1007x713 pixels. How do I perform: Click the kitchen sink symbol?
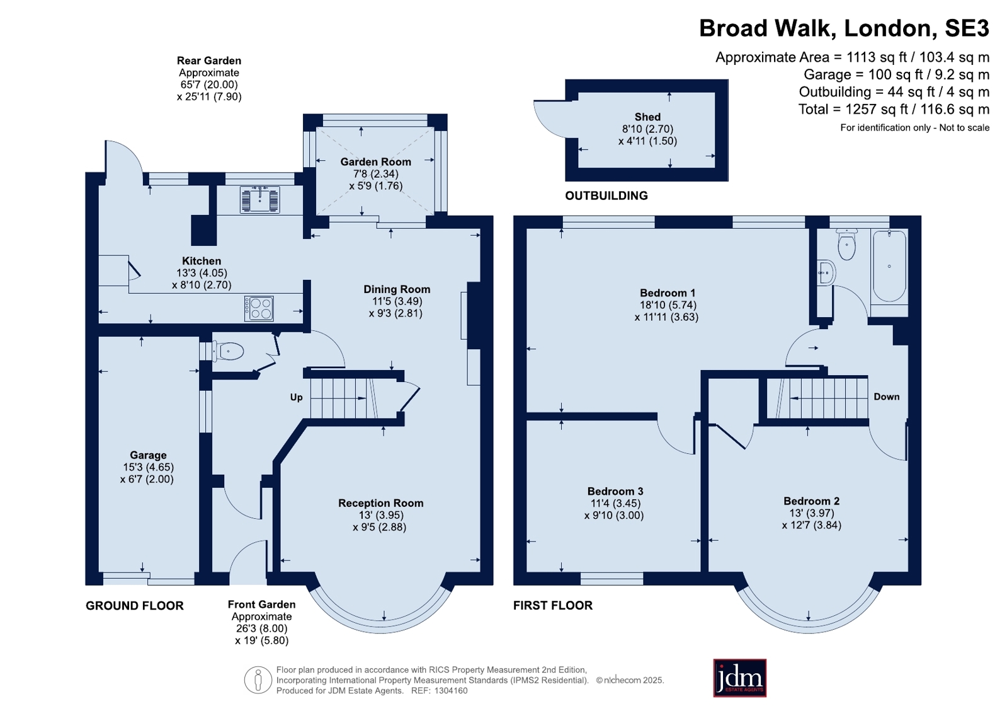[x=260, y=199]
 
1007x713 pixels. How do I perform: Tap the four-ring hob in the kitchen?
[x=259, y=308]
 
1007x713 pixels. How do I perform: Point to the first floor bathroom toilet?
[x=846, y=244]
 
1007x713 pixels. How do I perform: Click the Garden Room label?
[x=375, y=162]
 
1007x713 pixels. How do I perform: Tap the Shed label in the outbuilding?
[x=647, y=117]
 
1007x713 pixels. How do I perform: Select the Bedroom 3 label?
[x=615, y=491]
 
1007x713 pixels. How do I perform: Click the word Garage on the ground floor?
[x=148, y=455]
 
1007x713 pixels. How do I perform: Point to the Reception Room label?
[x=381, y=503]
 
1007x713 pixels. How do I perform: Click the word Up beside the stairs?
[x=296, y=397]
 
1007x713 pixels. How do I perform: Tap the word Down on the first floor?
[x=887, y=397]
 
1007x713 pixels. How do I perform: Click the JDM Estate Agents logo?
[x=739, y=678]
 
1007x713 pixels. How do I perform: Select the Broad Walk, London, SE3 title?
[x=844, y=28]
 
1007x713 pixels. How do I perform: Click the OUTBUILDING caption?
[x=606, y=196]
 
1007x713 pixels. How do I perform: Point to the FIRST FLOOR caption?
[x=553, y=605]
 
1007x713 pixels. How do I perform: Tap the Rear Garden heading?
[x=209, y=61]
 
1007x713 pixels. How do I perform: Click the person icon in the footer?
[x=258, y=680]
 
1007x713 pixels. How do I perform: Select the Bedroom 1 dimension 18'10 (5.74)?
[x=667, y=304]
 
